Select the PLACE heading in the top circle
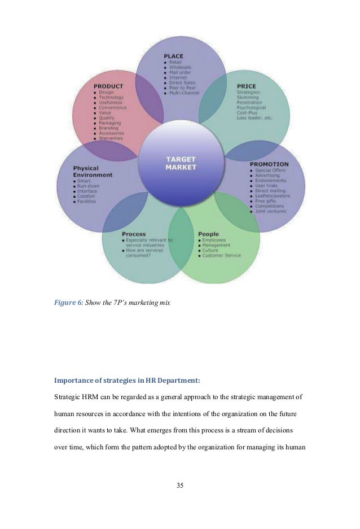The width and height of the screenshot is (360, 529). pos(173,56)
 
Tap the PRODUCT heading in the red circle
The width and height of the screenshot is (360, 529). pos(108,86)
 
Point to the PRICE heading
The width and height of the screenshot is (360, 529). pos(246,86)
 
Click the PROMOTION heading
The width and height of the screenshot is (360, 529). pos(269,164)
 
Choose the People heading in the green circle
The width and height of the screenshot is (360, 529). pos(208,234)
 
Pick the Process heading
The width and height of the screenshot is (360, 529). pos(134,234)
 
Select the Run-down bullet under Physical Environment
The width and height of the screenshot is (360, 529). pos(90,186)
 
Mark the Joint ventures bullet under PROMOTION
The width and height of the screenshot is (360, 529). pos(271,212)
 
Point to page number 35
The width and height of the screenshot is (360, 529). pos(179,485)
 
